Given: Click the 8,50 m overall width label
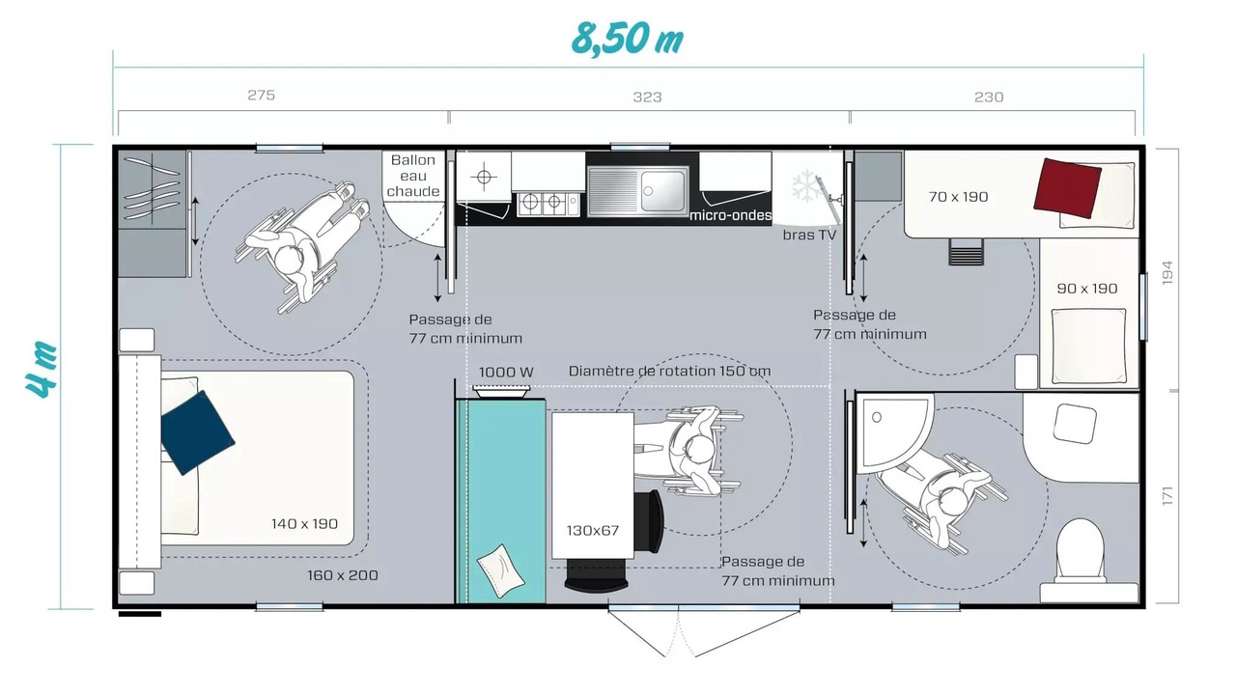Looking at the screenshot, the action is tap(628, 40).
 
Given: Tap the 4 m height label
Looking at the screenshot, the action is tap(42, 370).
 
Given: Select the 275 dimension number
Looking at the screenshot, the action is tap(261, 95).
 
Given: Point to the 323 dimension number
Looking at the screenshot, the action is tap(647, 97).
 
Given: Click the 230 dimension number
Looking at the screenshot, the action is tap(988, 97).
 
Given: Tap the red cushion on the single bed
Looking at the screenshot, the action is tap(1067, 188).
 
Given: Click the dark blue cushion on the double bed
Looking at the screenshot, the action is tap(197, 432).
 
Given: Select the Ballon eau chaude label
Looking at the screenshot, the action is tap(412, 176).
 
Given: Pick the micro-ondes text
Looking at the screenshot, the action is tap(731, 215).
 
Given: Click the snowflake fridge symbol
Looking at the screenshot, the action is tap(807, 186).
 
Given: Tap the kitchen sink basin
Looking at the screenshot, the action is tap(662, 191).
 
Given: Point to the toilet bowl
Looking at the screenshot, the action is tap(1081, 551).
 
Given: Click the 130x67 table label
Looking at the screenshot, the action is tap(592, 531).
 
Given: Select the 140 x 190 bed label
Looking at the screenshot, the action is tap(304, 523).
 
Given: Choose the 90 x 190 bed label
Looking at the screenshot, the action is tap(1087, 289).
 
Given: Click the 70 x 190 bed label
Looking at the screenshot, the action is tap(958, 197).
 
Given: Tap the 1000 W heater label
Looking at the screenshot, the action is tap(506, 373).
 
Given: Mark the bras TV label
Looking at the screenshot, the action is tap(809, 235).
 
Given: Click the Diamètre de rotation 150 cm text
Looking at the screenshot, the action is tap(669, 372).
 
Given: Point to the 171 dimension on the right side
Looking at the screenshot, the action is tap(1166, 496).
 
